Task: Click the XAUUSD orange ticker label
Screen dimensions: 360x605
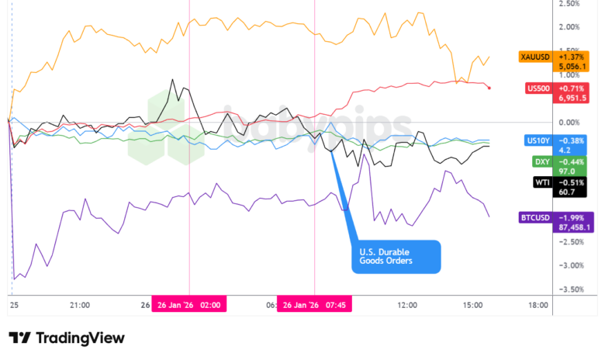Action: point(535,57)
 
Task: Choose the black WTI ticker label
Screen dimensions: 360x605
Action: point(541,182)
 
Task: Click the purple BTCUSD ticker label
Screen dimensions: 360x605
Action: point(536,217)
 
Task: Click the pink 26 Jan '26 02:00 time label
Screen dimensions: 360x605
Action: point(189,306)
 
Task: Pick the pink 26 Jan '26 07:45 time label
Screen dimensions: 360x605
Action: point(314,306)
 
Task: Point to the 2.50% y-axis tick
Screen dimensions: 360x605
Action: point(569,4)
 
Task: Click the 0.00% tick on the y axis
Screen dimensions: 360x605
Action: point(569,123)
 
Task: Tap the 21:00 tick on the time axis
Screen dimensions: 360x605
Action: point(79,306)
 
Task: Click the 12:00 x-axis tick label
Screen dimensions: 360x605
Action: point(407,306)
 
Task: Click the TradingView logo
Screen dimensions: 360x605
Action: point(66,338)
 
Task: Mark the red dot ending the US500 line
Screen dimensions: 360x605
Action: point(488,88)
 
